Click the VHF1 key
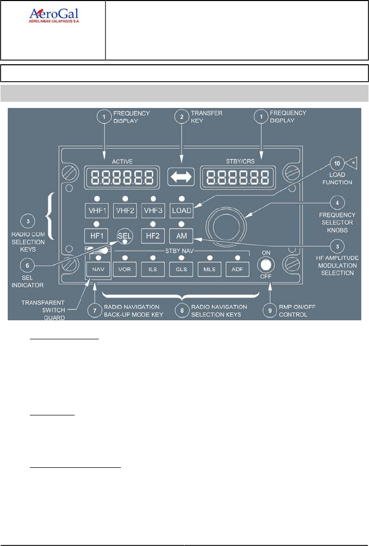[96, 211]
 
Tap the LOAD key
[181, 211]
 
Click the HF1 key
[96, 236]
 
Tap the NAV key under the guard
[98, 269]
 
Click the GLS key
[181, 269]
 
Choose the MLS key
[208, 269]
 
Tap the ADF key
[237, 269]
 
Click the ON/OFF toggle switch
[266, 265]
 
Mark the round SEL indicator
[124, 236]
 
